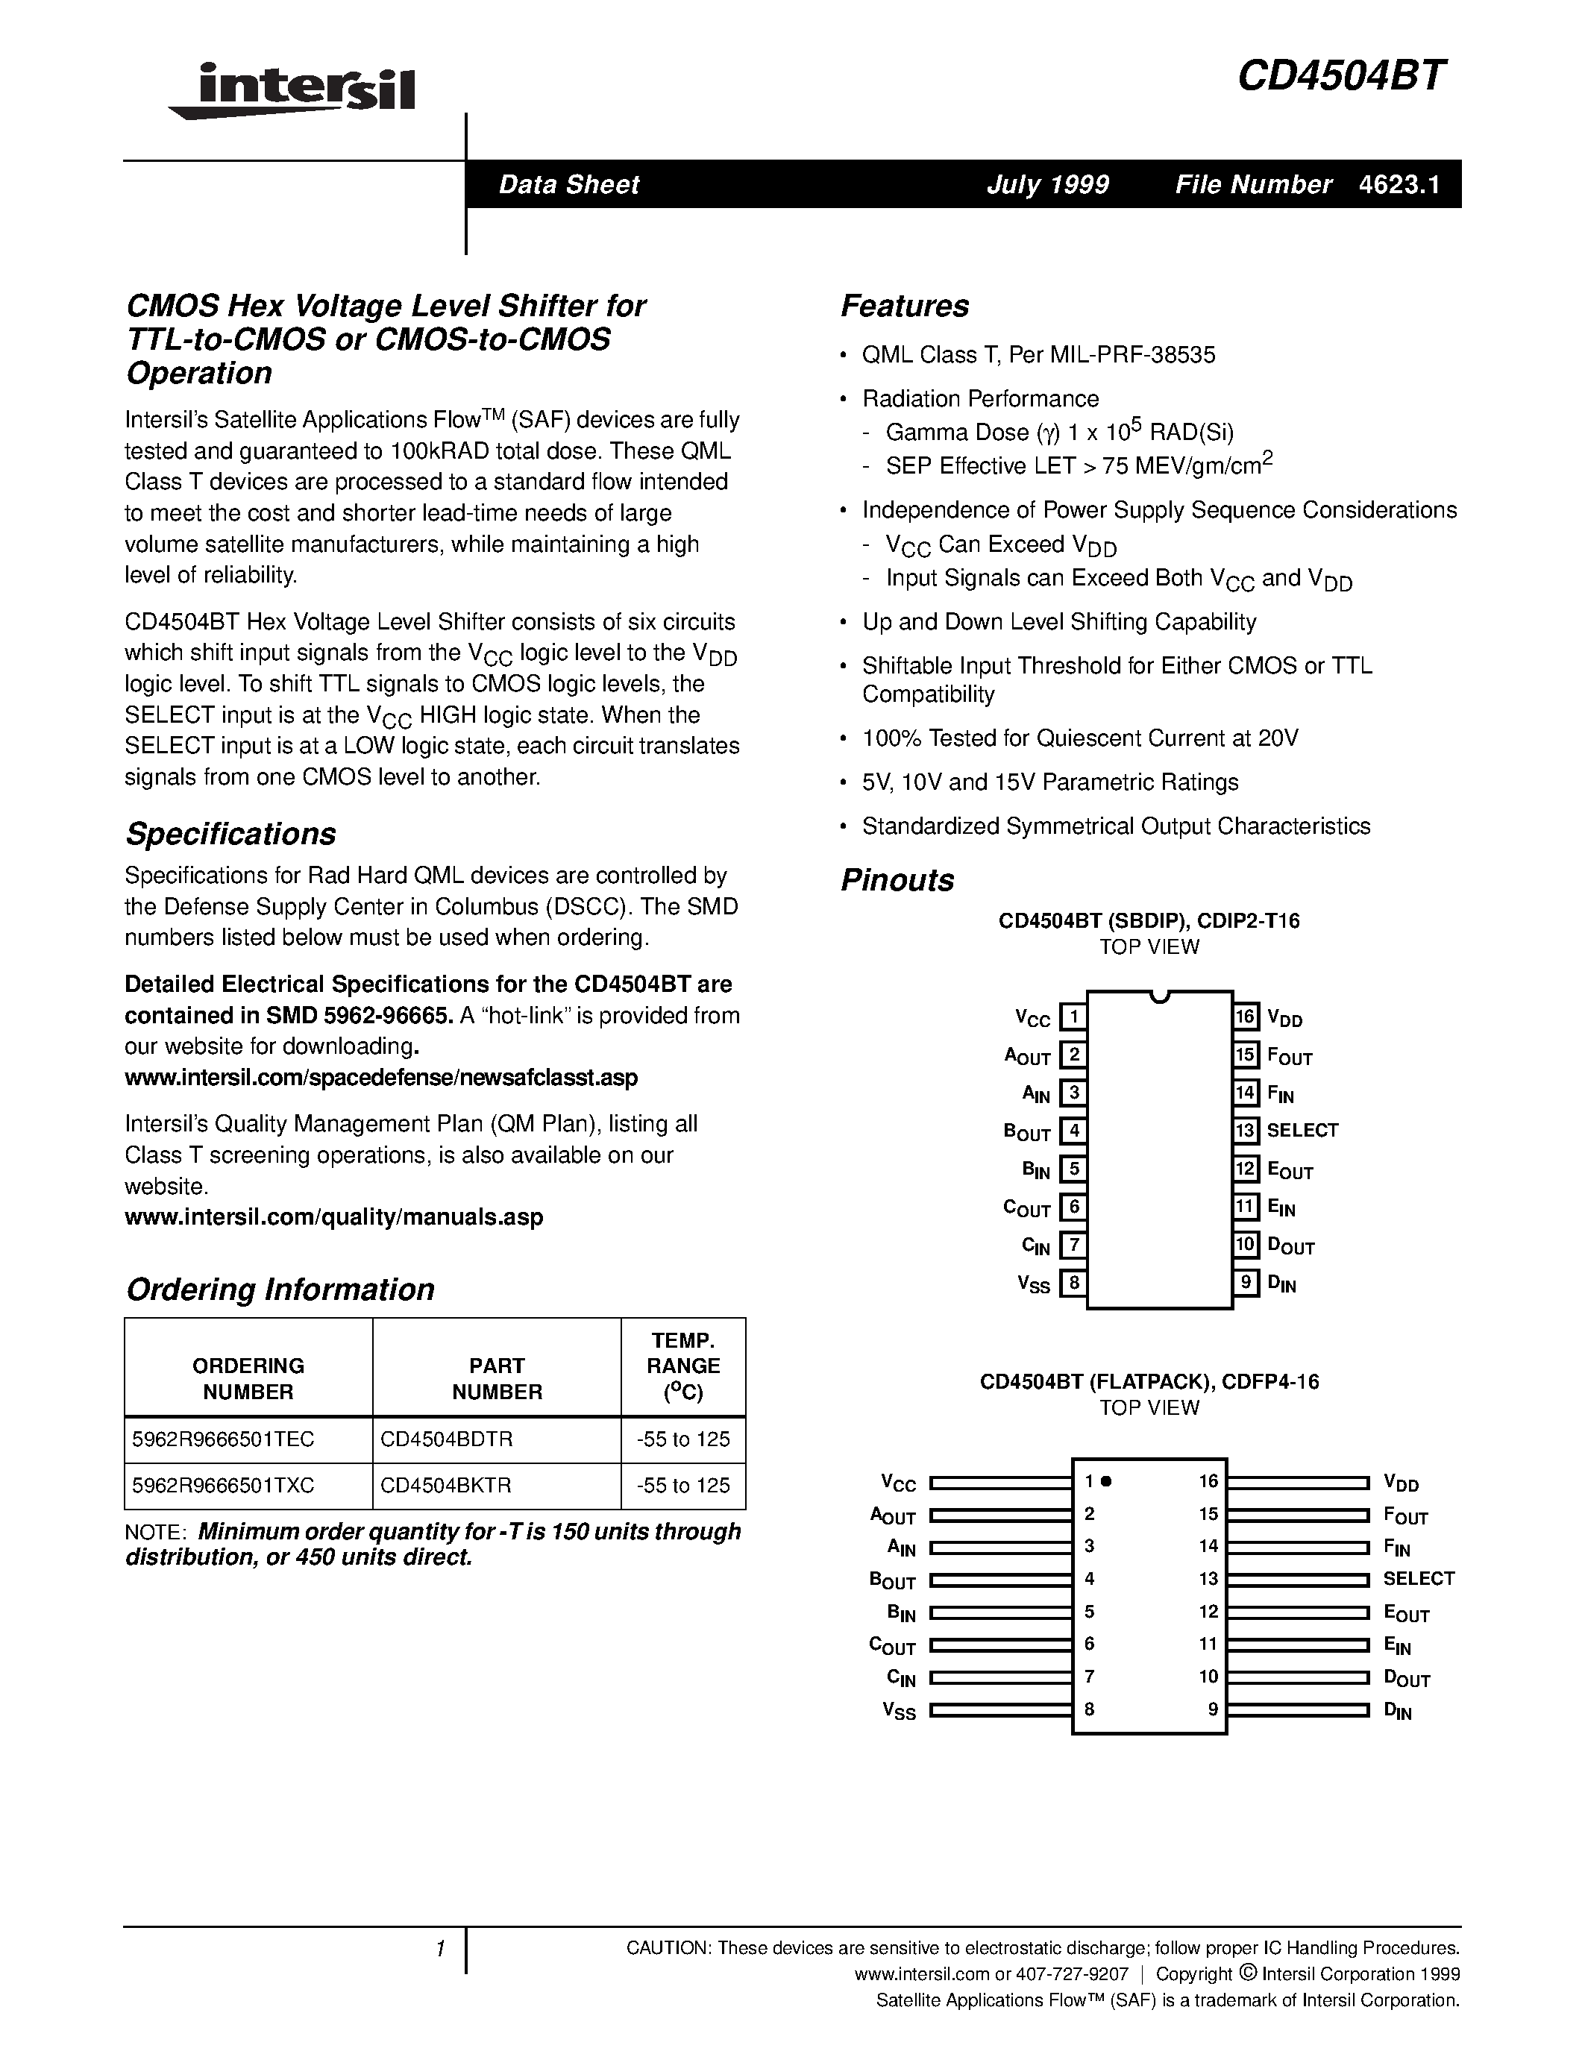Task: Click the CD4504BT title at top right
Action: (1341, 76)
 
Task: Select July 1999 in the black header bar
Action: (1047, 184)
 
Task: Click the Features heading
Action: (904, 306)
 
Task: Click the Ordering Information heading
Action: (280, 1290)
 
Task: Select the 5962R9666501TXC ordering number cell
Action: (224, 1486)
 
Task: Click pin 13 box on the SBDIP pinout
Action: (1245, 1131)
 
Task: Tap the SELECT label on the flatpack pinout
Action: (1418, 1579)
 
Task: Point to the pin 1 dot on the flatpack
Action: (1106, 1482)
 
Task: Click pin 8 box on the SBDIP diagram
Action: (1073, 1283)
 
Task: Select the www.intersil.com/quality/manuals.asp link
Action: (333, 1217)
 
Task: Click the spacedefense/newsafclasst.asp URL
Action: (380, 1077)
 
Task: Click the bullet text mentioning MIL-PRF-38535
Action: (1038, 355)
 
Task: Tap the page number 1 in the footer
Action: (439, 1950)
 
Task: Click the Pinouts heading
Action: (897, 881)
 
